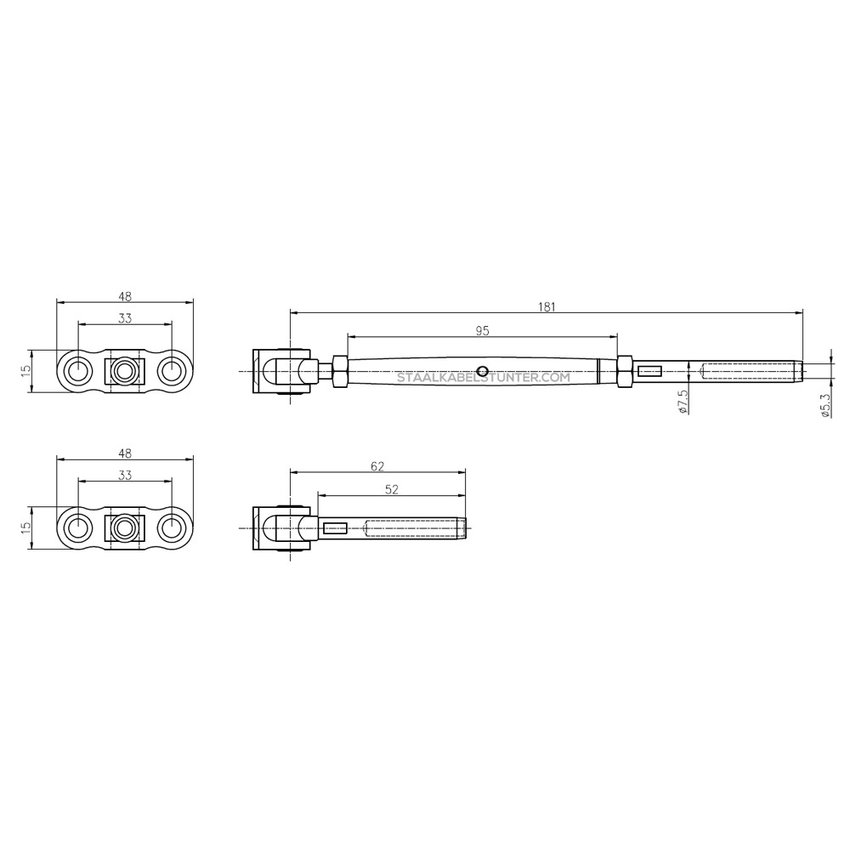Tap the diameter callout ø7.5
click(682, 401)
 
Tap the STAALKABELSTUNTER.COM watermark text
click(483, 378)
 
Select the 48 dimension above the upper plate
click(125, 296)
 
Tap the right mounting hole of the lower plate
click(173, 527)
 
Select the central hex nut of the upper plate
click(125, 371)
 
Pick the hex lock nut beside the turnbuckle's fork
click(338, 371)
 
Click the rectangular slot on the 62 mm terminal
click(335, 527)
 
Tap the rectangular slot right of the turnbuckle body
click(650, 371)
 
